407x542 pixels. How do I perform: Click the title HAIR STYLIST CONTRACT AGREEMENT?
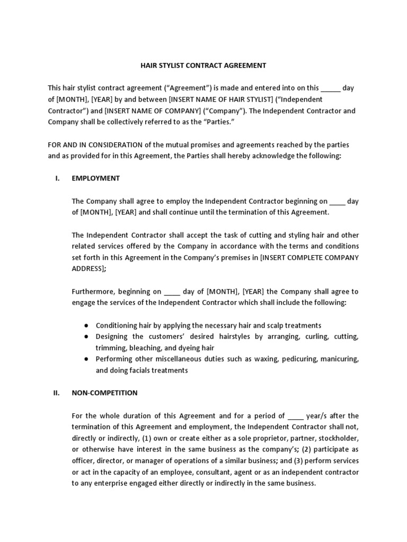[x=203, y=66]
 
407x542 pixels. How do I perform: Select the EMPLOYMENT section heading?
[x=95, y=178]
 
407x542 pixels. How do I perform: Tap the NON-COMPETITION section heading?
[x=104, y=393]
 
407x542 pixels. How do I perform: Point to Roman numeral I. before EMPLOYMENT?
[x=58, y=178]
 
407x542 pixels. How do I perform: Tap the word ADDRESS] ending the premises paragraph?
[x=87, y=269]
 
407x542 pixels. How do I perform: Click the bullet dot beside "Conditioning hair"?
[x=86, y=326]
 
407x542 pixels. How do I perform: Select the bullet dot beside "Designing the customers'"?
[x=86, y=337]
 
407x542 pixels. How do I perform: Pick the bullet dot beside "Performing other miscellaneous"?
[x=86, y=359]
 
